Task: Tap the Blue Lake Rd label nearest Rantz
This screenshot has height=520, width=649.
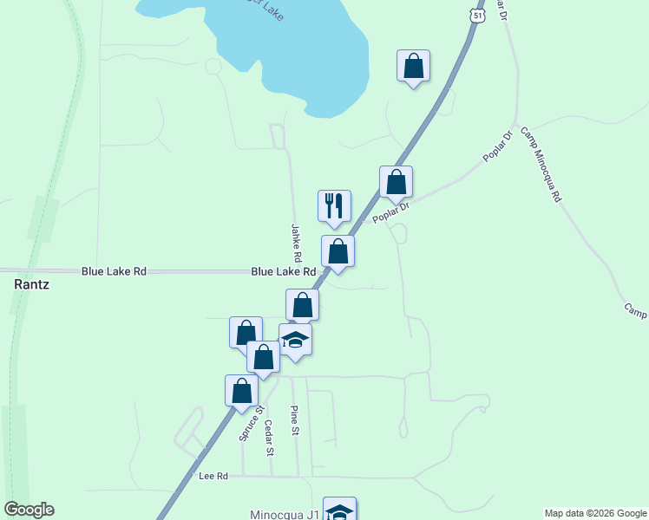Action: point(114,271)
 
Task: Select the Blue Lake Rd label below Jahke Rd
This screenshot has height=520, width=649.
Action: point(283,271)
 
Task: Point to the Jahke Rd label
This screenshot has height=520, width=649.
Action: point(296,244)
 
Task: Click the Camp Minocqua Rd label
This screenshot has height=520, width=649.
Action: point(541,165)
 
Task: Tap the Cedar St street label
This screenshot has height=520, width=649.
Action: point(269,438)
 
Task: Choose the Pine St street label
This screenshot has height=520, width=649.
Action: point(295,421)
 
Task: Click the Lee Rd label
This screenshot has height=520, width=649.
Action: point(213,476)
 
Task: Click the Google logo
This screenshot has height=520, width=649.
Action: point(29,510)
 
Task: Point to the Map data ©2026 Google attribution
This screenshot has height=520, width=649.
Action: point(595,513)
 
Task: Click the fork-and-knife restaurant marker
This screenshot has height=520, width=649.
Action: point(334,206)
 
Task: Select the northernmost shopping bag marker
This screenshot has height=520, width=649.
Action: point(413,67)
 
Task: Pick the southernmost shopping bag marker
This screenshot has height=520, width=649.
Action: point(241,391)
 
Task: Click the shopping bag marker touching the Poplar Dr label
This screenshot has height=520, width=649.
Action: point(396,182)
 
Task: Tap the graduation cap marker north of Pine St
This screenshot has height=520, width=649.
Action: point(295,340)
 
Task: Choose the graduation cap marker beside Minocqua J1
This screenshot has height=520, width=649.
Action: point(339,510)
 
